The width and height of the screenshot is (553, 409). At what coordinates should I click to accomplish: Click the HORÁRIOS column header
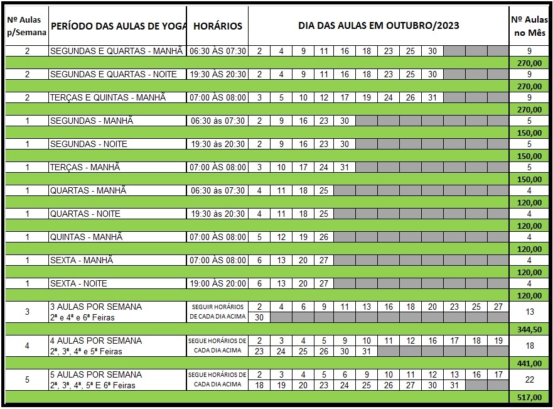(x=217, y=26)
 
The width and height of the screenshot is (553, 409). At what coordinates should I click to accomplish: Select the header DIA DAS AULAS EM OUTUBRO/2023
(x=379, y=26)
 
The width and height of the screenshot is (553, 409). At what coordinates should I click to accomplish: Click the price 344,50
(x=529, y=329)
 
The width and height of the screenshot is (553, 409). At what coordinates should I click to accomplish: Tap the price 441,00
(x=529, y=363)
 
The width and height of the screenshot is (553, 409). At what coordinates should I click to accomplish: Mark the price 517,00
(x=529, y=398)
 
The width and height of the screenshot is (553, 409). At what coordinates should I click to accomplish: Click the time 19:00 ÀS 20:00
(x=218, y=283)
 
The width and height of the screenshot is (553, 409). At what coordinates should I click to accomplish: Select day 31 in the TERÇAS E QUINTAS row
(x=432, y=97)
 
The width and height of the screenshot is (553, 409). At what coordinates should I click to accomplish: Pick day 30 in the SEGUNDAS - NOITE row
(x=344, y=144)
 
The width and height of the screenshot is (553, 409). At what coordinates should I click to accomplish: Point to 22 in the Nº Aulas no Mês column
(x=530, y=380)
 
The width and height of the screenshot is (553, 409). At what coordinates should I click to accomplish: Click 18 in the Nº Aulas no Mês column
(x=530, y=346)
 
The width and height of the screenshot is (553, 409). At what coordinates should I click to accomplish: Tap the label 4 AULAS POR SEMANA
(x=95, y=341)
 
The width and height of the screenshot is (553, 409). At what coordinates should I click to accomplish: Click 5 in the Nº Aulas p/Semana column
(x=26, y=380)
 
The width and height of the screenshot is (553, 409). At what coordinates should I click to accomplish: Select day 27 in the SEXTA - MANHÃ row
(x=323, y=260)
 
